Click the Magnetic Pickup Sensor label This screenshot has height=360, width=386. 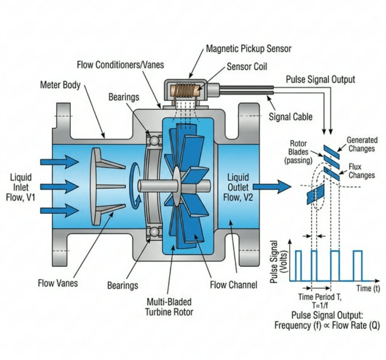(x=248, y=48)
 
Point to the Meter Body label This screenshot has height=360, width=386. (x=60, y=85)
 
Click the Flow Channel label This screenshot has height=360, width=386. (x=233, y=284)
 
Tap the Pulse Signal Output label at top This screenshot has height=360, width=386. (x=320, y=79)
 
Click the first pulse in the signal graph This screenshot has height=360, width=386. (x=298, y=265)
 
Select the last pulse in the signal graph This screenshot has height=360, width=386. (x=358, y=265)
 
